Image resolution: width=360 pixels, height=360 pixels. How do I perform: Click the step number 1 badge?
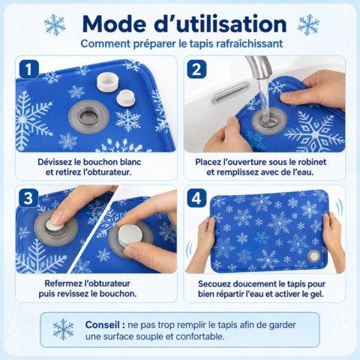point(28,69)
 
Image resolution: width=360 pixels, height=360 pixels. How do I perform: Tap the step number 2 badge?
point(196,69)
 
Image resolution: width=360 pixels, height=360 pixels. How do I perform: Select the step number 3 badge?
point(28,198)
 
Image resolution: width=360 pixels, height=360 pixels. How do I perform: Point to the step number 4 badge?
point(196,198)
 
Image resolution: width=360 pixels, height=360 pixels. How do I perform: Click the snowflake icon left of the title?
point(55,25)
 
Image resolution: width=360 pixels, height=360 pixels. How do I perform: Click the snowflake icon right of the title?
point(308,25)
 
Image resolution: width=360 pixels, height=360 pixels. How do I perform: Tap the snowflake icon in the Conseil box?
point(64,329)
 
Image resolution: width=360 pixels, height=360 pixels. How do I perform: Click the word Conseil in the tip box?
point(102,325)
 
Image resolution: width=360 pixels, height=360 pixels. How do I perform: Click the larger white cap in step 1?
point(107,82)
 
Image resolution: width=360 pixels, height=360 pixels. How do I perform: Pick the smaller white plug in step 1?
point(125,97)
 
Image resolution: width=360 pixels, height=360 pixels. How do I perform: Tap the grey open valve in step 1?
point(89,117)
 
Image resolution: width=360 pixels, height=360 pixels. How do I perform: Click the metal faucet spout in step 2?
point(259,67)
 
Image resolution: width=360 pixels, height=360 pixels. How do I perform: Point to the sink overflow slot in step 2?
point(230,92)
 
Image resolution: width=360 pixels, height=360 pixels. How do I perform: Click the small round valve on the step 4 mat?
point(314,256)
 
